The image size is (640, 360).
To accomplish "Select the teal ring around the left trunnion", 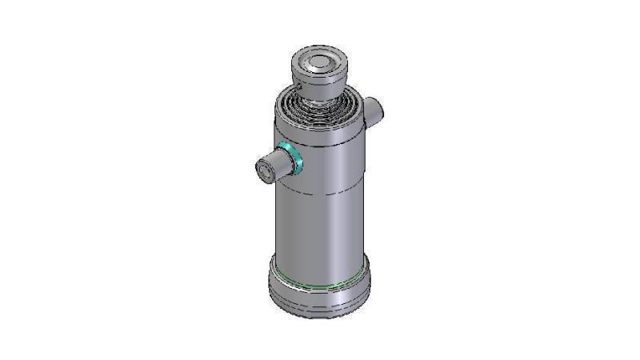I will click(293, 157).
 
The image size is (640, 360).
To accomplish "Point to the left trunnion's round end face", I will click(263, 170).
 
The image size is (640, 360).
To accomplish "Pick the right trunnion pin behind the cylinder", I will click(374, 110).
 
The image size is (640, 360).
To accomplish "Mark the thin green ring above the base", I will click(320, 282).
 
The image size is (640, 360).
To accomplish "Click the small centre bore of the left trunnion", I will click(262, 170).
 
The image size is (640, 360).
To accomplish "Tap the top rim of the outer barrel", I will click(320, 133).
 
